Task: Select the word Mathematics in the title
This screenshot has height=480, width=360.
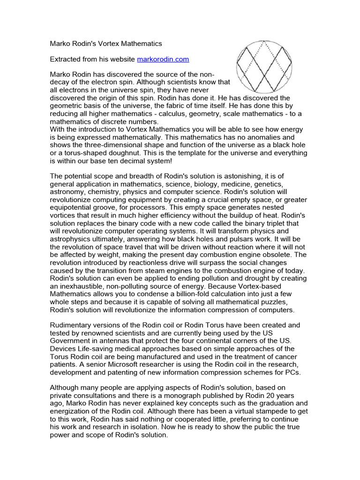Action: [x=141, y=44]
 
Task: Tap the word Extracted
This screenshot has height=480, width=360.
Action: [x=65, y=59]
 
